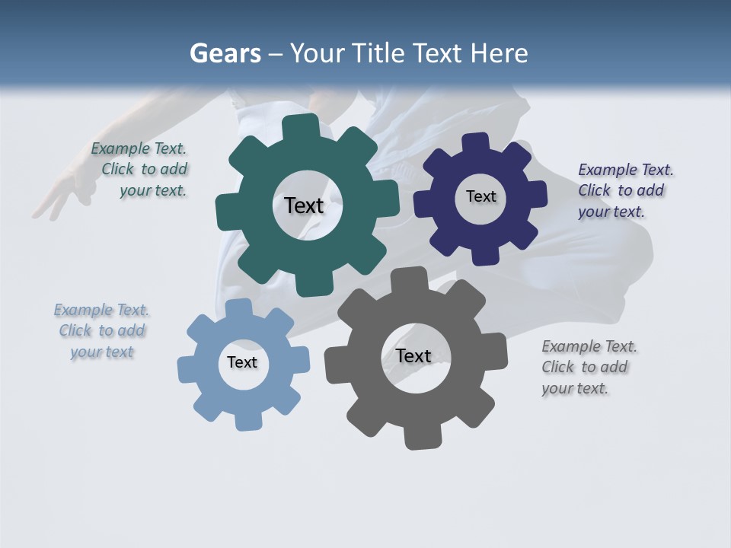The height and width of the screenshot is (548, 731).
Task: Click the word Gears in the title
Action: [225, 53]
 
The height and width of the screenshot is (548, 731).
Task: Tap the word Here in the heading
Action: [499, 53]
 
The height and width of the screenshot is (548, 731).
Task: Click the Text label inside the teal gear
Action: [304, 205]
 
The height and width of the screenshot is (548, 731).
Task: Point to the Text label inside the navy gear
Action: [480, 196]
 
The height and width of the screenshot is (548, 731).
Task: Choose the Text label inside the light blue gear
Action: [242, 362]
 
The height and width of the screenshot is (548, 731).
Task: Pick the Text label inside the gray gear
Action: [413, 355]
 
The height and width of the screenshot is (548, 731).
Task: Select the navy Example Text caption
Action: [624, 190]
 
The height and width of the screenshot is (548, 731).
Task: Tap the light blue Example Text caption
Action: [102, 330]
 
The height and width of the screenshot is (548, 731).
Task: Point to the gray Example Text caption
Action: [588, 367]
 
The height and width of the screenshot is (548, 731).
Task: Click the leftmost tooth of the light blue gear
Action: [187, 367]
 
